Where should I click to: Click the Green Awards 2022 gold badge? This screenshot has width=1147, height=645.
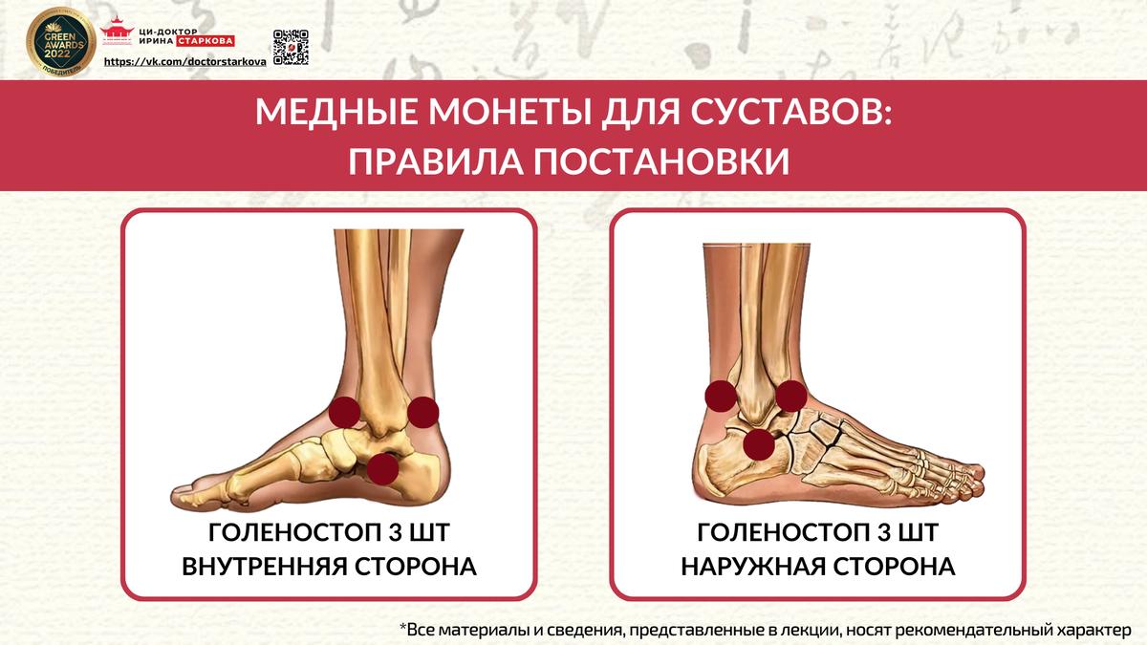point(61,42)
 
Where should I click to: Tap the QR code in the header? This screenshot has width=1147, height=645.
point(291,48)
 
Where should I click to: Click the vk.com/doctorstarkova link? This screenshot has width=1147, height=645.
point(184,62)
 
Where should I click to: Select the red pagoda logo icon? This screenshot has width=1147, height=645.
point(117,31)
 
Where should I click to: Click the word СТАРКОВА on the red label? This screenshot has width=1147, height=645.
point(206,41)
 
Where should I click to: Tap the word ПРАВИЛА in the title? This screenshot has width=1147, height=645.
point(435,161)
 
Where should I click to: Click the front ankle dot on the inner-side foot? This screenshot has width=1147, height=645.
point(345,412)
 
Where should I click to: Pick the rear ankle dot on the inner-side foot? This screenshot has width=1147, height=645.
point(422,412)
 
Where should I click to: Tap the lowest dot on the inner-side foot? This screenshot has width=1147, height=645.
point(382,469)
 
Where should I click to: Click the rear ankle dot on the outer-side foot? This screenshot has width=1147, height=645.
point(721,396)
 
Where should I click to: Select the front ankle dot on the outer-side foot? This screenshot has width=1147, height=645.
point(791,396)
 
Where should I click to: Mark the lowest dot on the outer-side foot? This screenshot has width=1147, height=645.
point(759,444)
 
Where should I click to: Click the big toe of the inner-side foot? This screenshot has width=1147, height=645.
point(192,493)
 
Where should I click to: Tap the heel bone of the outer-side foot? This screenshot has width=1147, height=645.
point(723,463)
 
